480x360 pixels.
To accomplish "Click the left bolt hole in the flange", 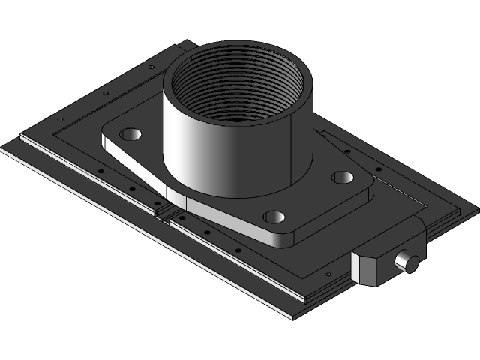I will click(130, 135).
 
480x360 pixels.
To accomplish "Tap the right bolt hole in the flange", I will click(343, 178).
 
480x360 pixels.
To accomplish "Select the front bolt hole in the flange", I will click(274, 217).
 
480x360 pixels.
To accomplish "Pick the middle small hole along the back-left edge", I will click(105, 93).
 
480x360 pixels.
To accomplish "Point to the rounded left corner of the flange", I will click(105, 139).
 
